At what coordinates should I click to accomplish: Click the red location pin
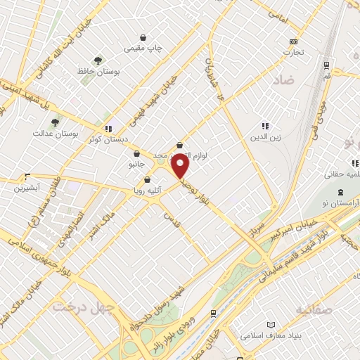click(x=180, y=166)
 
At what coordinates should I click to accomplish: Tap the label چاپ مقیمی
click(x=143, y=49)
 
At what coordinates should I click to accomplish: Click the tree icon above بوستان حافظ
click(x=98, y=60)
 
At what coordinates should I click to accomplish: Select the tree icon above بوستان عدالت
click(x=55, y=122)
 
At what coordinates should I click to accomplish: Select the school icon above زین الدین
click(x=266, y=126)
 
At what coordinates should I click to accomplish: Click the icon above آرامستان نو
click(x=340, y=192)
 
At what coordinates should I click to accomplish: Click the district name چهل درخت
click(x=75, y=307)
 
